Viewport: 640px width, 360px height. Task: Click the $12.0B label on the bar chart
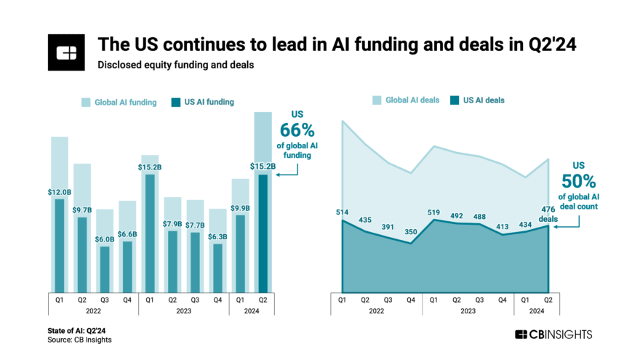60,192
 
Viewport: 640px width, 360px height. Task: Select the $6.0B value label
105,239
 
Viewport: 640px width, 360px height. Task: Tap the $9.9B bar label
241,208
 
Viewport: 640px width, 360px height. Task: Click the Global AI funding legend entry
118,103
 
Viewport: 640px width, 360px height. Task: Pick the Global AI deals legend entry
406,100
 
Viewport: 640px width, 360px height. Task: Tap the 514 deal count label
343,212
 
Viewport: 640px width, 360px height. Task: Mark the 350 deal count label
411,232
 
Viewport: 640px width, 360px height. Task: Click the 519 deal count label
434,212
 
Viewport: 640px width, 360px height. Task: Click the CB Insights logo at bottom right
553,335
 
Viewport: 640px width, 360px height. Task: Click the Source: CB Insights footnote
80,340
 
